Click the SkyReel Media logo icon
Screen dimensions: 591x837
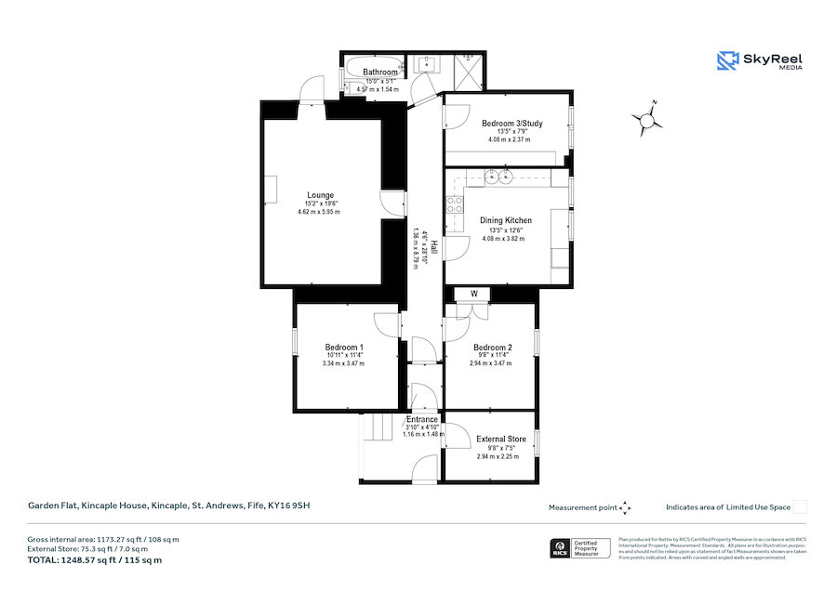click(x=726, y=61)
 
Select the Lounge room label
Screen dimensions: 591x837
click(x=320, y=195)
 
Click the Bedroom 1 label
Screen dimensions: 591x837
click(x=343, y=347)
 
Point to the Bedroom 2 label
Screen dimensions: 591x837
click(x=492, y=347)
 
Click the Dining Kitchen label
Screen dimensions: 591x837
click(x=505, y=220)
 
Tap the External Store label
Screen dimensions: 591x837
click(x=501, y=439)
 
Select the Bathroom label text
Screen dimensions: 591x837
click(x=380, y=72)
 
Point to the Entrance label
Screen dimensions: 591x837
click(x=422, y=419)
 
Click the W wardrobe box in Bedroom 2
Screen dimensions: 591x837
click(x=474, y=295)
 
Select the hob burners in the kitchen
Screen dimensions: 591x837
click(x=455, y=205)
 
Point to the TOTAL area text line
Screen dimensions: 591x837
click(x=94, y=560)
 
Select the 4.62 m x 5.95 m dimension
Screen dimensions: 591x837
click(x=319, y=213)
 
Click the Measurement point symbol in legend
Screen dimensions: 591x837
click(x=626, y=507)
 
